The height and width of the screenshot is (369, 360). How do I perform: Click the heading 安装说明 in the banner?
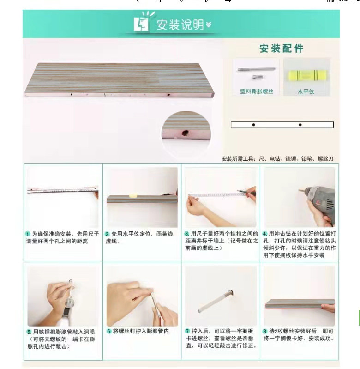click(180, 24)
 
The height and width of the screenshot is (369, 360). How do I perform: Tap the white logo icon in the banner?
click(142, 23)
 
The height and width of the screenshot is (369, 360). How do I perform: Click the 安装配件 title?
click(281, 48)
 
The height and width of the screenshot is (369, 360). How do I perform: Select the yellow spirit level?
click(306, 75)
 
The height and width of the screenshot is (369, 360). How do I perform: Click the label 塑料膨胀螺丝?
click(257, 91)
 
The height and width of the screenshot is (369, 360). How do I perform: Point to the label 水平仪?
click(306, 91)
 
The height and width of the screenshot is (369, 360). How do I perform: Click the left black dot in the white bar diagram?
click(253, 125)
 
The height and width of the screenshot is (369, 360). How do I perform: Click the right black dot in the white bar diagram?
click(300, 125)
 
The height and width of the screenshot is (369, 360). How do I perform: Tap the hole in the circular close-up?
click(185, 133)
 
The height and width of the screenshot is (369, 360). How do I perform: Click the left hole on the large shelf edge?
click(72, 94)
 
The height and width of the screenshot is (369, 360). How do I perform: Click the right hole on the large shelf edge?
click(168, 95)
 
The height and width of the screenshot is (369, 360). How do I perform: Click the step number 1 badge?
click(28, 234)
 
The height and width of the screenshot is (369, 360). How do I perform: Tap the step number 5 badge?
click(29, 332)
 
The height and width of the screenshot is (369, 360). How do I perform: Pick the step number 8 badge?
click(265, 331)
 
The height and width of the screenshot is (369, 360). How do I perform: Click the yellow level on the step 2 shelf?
click(133, 195)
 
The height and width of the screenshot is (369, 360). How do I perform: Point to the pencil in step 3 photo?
click(246, 192)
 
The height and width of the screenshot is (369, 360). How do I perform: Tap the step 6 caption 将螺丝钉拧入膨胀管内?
click(141, 331)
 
